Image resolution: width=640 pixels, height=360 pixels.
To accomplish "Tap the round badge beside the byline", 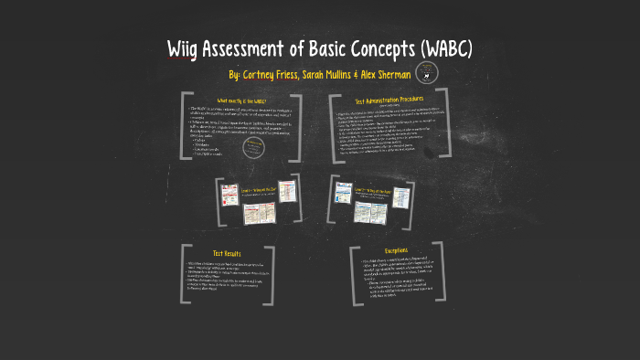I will [x=425, y=74].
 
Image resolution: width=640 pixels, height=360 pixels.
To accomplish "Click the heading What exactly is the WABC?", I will [x=242, y=99].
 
